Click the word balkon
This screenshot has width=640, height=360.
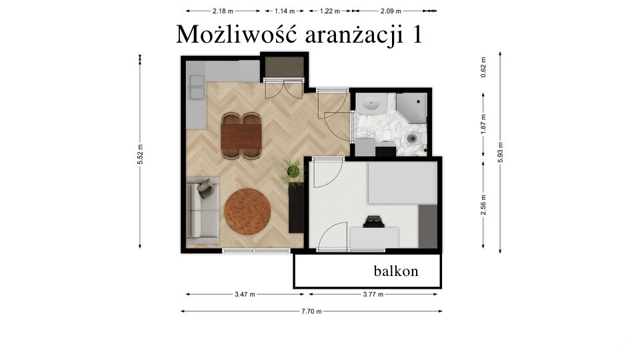pos(396,271)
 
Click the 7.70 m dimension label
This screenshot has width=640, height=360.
pos(311,311)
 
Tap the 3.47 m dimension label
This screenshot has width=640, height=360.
pos(245,294)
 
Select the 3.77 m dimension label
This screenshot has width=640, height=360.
pos(373,294)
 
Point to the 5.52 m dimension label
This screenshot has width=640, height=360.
pos(140,155)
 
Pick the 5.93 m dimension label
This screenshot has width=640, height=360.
pos(501,153)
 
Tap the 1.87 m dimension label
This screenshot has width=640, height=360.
pos(483,124)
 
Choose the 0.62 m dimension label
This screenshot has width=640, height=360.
pos(483,67)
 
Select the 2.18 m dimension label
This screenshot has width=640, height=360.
pos(223,11)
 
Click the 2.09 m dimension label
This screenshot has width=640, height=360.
pos(391,11)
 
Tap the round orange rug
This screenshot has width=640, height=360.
pos(247,211)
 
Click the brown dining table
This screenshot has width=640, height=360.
pos(241,136)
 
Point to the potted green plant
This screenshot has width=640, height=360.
pos(293,171)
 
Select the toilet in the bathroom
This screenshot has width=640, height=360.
pos(414,139)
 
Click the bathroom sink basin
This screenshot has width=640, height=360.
pos(371,104)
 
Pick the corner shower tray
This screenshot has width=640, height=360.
pos(411,108)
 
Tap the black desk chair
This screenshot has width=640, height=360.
pos(373,221)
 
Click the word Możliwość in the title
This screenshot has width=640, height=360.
pos(236,34)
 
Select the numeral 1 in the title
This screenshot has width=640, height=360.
pos(417,34)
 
